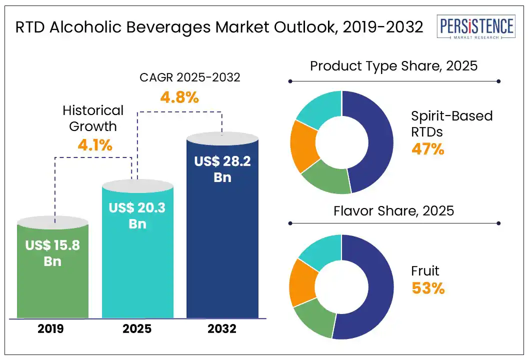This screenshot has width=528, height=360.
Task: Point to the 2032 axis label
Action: (x=222, y=329)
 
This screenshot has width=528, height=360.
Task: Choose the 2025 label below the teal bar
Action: (x=137, y=329)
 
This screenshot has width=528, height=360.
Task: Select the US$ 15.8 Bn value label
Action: (x=52, y=253)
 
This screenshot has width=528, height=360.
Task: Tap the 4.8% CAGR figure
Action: (x=179, y=97)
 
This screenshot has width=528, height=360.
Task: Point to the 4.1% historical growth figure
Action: (x=95, y=145)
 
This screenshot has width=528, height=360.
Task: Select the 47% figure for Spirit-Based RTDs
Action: (x=427, y=149)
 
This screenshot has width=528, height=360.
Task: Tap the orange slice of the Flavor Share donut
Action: (x=302, y=281)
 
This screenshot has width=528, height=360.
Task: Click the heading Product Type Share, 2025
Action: (x=394, y=66)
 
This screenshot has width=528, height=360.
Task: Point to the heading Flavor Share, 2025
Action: (x=394, y=211)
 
